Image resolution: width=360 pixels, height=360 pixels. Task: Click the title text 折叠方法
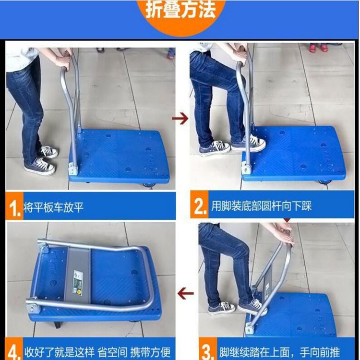[x=180, y=11]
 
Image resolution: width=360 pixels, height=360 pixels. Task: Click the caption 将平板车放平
[x=54, y=208]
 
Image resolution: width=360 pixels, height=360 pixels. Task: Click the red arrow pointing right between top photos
[x=180, y=119]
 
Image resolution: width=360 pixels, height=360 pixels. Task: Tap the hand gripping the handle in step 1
[x=62, y=61]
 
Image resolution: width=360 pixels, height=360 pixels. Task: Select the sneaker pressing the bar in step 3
[x=251, y=306]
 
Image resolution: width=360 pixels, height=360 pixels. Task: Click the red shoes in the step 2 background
[x=318, y=48]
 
